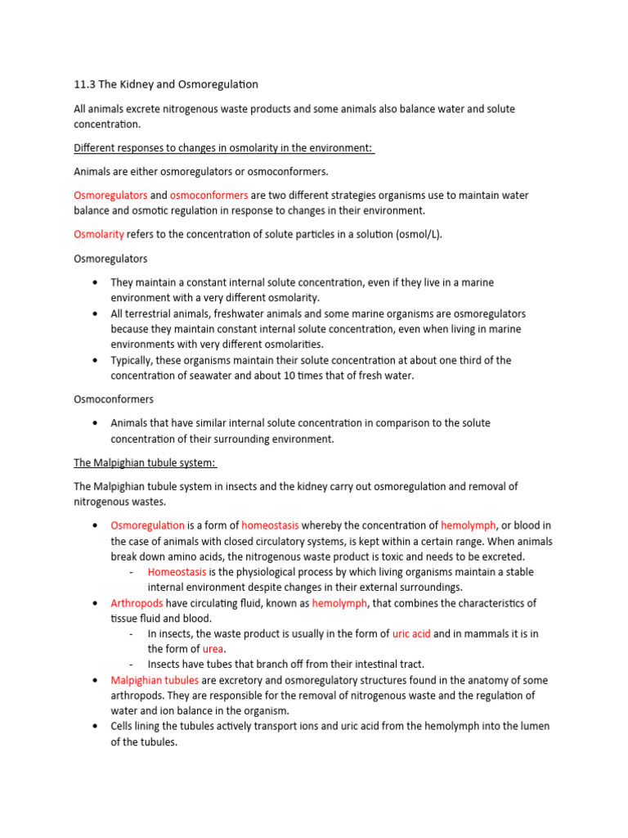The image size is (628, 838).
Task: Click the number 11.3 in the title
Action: (83, 84)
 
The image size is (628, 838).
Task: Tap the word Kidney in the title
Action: (140, 84)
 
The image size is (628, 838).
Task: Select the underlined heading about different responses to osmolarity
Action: (223, 147)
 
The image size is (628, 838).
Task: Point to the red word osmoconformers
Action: (209, 196)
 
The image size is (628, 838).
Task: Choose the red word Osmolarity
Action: (99, 234)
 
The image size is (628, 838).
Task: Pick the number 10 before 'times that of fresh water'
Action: (291, 376)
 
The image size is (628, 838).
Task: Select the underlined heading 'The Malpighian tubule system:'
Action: (145, 463)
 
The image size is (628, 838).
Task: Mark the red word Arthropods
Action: (137, 603)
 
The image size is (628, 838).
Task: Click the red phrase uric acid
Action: (411, 634)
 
